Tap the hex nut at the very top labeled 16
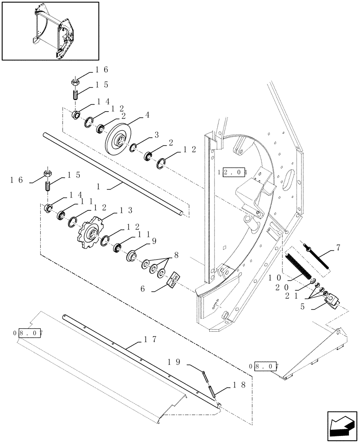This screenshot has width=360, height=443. (75, 82)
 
